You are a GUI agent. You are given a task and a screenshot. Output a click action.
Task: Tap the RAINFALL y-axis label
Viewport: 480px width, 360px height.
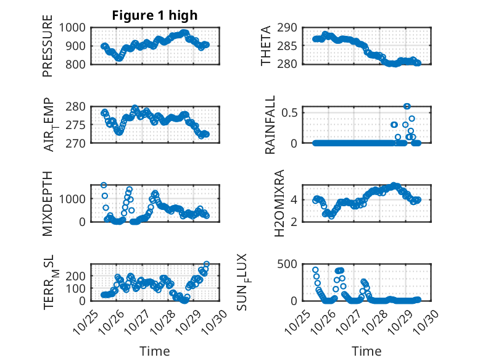point(270,125)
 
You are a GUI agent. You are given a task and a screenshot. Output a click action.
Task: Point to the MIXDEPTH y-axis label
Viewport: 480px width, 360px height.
point(48,204)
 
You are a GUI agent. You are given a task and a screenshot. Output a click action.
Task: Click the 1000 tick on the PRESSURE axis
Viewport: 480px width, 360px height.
point(74,28)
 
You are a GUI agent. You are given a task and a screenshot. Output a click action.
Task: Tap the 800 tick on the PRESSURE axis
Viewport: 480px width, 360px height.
point(77,64)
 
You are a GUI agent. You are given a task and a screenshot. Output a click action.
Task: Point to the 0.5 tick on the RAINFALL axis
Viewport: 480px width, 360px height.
point(292,112)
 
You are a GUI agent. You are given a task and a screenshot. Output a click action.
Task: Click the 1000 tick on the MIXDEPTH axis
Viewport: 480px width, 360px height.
point(74,199)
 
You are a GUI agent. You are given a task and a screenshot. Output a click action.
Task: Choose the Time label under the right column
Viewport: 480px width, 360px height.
point(366,351)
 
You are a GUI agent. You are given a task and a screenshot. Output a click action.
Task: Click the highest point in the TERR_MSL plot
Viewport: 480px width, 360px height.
point(207,264)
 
